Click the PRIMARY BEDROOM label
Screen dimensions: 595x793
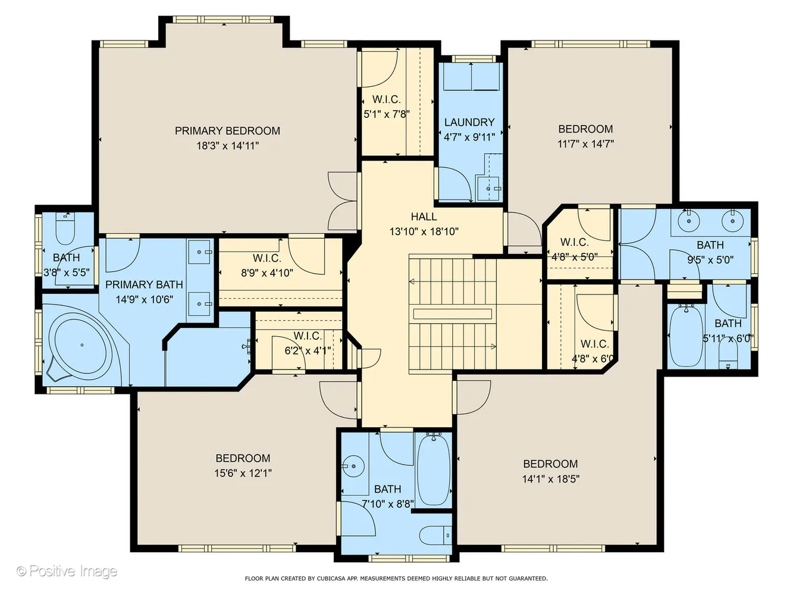[227, 131]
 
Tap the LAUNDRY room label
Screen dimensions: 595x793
[469, 122]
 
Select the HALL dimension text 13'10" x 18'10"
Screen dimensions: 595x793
[424, 231]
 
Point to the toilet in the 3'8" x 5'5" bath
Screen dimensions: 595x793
[64, 229]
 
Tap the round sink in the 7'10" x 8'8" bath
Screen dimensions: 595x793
[354, 466]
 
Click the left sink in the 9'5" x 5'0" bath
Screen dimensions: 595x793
[690, 221]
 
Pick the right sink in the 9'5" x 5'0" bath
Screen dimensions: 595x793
[732, 221]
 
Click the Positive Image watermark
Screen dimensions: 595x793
[67, 571]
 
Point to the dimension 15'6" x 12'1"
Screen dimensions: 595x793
[243, 473]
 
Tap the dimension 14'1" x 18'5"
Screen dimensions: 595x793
[550, 478]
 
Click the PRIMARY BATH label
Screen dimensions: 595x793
[144, 284]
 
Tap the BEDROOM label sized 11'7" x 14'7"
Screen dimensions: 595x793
[585, 129]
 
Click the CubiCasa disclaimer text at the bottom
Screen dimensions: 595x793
[396, 578]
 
